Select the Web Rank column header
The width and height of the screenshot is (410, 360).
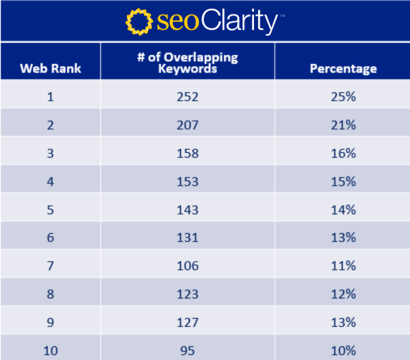click(50, 68)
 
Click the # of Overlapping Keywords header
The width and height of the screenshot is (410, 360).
click(187, 62)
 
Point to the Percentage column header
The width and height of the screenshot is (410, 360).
click(343, 68)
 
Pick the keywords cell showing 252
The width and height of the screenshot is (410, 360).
click(187, 96)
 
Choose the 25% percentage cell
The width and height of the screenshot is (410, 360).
click(343, 96)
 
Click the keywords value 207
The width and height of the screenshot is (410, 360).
click(187, 125)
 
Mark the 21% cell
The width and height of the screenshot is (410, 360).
click(343, 125)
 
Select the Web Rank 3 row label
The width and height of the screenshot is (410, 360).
click(50, 153)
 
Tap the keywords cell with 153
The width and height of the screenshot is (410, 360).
click(187, 181)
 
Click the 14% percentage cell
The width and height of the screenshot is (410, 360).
click(343, 210)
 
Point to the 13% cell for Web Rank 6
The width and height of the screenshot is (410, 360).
click(343, 238)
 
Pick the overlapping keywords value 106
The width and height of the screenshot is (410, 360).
click(187, 266)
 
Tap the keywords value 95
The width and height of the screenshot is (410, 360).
click(187, 349)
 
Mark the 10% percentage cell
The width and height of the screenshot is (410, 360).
click(343, 349)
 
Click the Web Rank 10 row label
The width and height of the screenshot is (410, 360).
click(50, 349)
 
